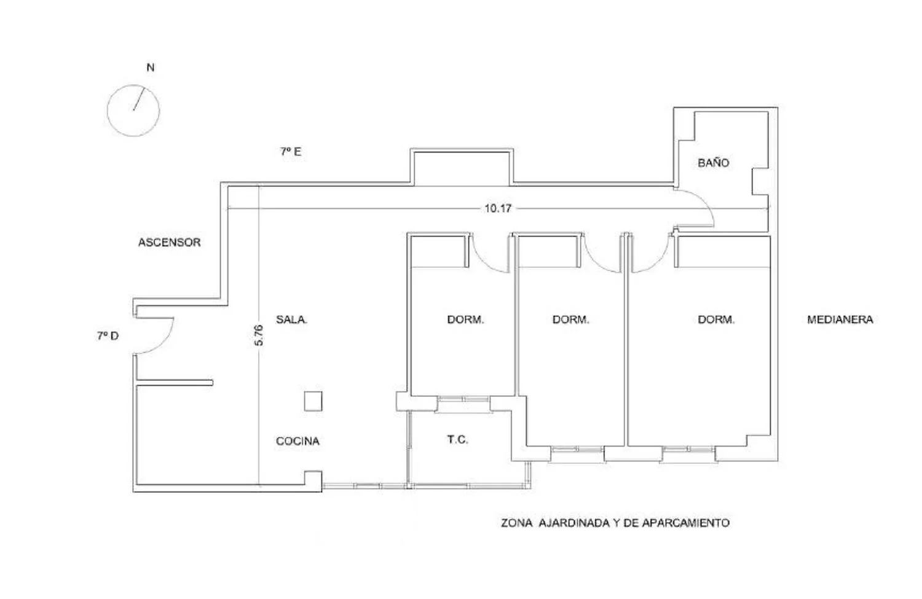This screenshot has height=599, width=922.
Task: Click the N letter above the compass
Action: point(151,68)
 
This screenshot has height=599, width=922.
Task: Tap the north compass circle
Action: point(108,110)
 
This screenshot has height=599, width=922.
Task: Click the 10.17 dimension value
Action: point(498,209)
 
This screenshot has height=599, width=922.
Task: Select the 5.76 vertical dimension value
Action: point(259,335)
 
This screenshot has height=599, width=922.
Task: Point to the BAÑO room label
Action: point(713,163)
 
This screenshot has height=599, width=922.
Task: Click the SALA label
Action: point(291,319)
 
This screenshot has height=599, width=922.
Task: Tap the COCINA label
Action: point(297,441)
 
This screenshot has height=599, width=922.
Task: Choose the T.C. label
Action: point(458,440)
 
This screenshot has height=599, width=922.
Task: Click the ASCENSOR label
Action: point(169,242)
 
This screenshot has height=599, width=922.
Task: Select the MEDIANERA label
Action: point(840,319)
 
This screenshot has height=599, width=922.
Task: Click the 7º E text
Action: point(291,152)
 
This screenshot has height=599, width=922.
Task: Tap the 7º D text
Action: point(108,336)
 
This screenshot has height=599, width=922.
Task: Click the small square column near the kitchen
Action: point(313,401)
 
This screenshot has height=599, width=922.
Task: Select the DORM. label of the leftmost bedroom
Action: point(465,319)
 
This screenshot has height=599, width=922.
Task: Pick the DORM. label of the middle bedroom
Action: point(571,319)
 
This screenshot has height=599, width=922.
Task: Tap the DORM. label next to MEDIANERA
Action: point(716,319)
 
